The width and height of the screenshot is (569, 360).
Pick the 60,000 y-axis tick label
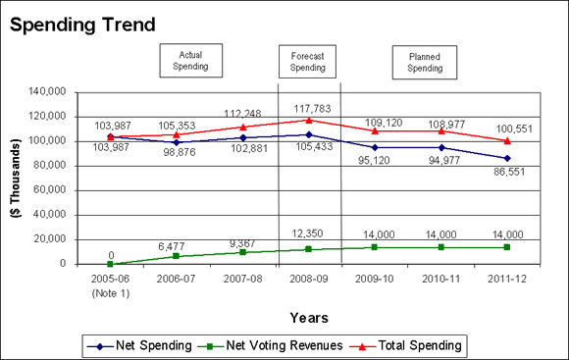click(48, 190)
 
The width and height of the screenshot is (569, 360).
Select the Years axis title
click(309, 317)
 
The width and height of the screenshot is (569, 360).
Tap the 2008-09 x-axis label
click(309, 278)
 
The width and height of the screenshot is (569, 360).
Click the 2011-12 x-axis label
click(507, 278)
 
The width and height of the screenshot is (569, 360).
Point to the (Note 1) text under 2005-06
click(110, 290)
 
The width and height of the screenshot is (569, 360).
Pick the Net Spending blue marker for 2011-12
click(507, 157)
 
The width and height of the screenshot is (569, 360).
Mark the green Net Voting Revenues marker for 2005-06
click(110, 264)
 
